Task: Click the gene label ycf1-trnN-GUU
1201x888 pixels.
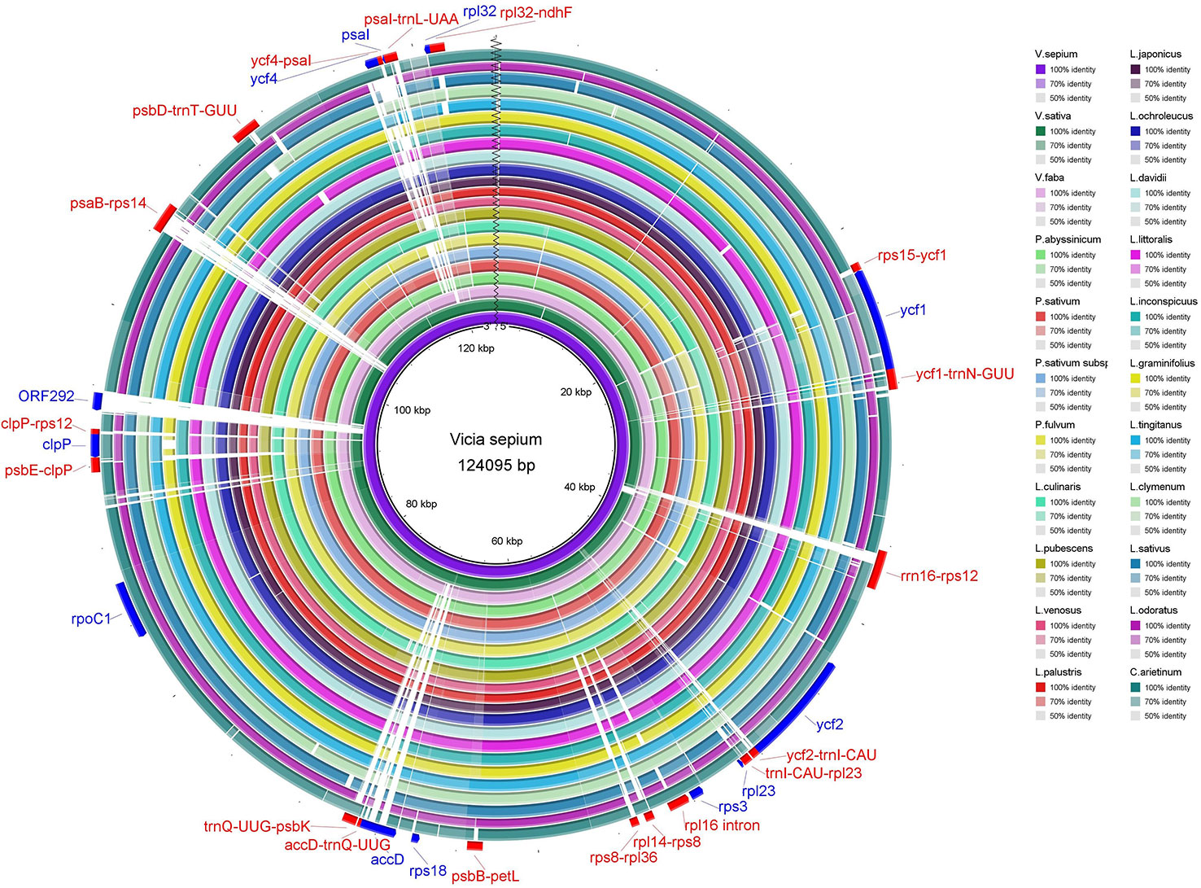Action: pyautogui.click(x=964, y=374)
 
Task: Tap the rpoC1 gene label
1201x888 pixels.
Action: pyautogui.click(x=90, y=619)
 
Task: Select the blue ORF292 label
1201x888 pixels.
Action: pyautogui.click(x=46, y=396)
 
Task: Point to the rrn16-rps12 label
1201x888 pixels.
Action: pyautogui.click(x=939, y=576)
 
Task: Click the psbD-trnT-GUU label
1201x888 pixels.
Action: pyautogui.click(x=185, y=111)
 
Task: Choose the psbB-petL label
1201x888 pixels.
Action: pyautogui.click(x=485, y=877)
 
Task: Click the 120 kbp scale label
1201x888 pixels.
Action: pyautogui.click(x=476, y=348)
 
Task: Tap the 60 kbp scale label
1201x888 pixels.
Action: pyautogui.click(x=507, y=541)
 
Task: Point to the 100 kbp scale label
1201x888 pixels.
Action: pyautogui.click(x=412, y=410)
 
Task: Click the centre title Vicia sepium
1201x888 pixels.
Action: pyautogui.click(x=496, y=440)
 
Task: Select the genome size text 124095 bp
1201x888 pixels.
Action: pyautogui.click(x=496, y=466)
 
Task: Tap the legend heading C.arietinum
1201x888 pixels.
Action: pyautogui.click(x=1155, y=672)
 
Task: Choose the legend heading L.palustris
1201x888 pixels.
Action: pyautogui.click(x=1058, y=672)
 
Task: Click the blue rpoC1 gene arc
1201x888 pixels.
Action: pyautogui.click(x=131, y=609)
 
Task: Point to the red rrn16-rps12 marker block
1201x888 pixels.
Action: pyautogui.click(x=876, y=570)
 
